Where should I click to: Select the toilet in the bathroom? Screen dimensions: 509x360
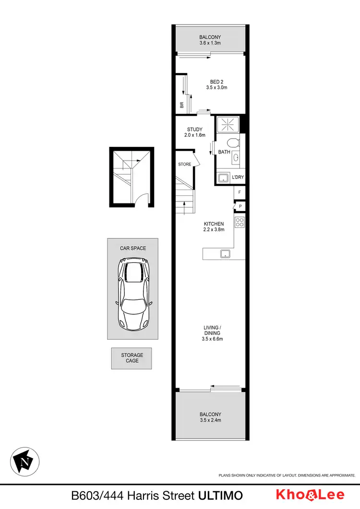click(x=233, y=143)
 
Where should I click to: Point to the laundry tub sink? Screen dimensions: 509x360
click(x=224, y=178)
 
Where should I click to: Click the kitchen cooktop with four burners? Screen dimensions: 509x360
click(x=240, y=222)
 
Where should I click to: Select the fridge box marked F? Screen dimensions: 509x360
click(x=239, y=193)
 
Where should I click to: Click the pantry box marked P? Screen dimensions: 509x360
click(x=239, y=206)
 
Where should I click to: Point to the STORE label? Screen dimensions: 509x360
click(x=185, y=165)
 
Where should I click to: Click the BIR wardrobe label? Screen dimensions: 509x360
click(x=182, y=105)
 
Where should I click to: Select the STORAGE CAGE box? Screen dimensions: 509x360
click(x=132, y=358)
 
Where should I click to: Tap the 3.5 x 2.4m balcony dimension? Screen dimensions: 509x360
click(x=211, y=420)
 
